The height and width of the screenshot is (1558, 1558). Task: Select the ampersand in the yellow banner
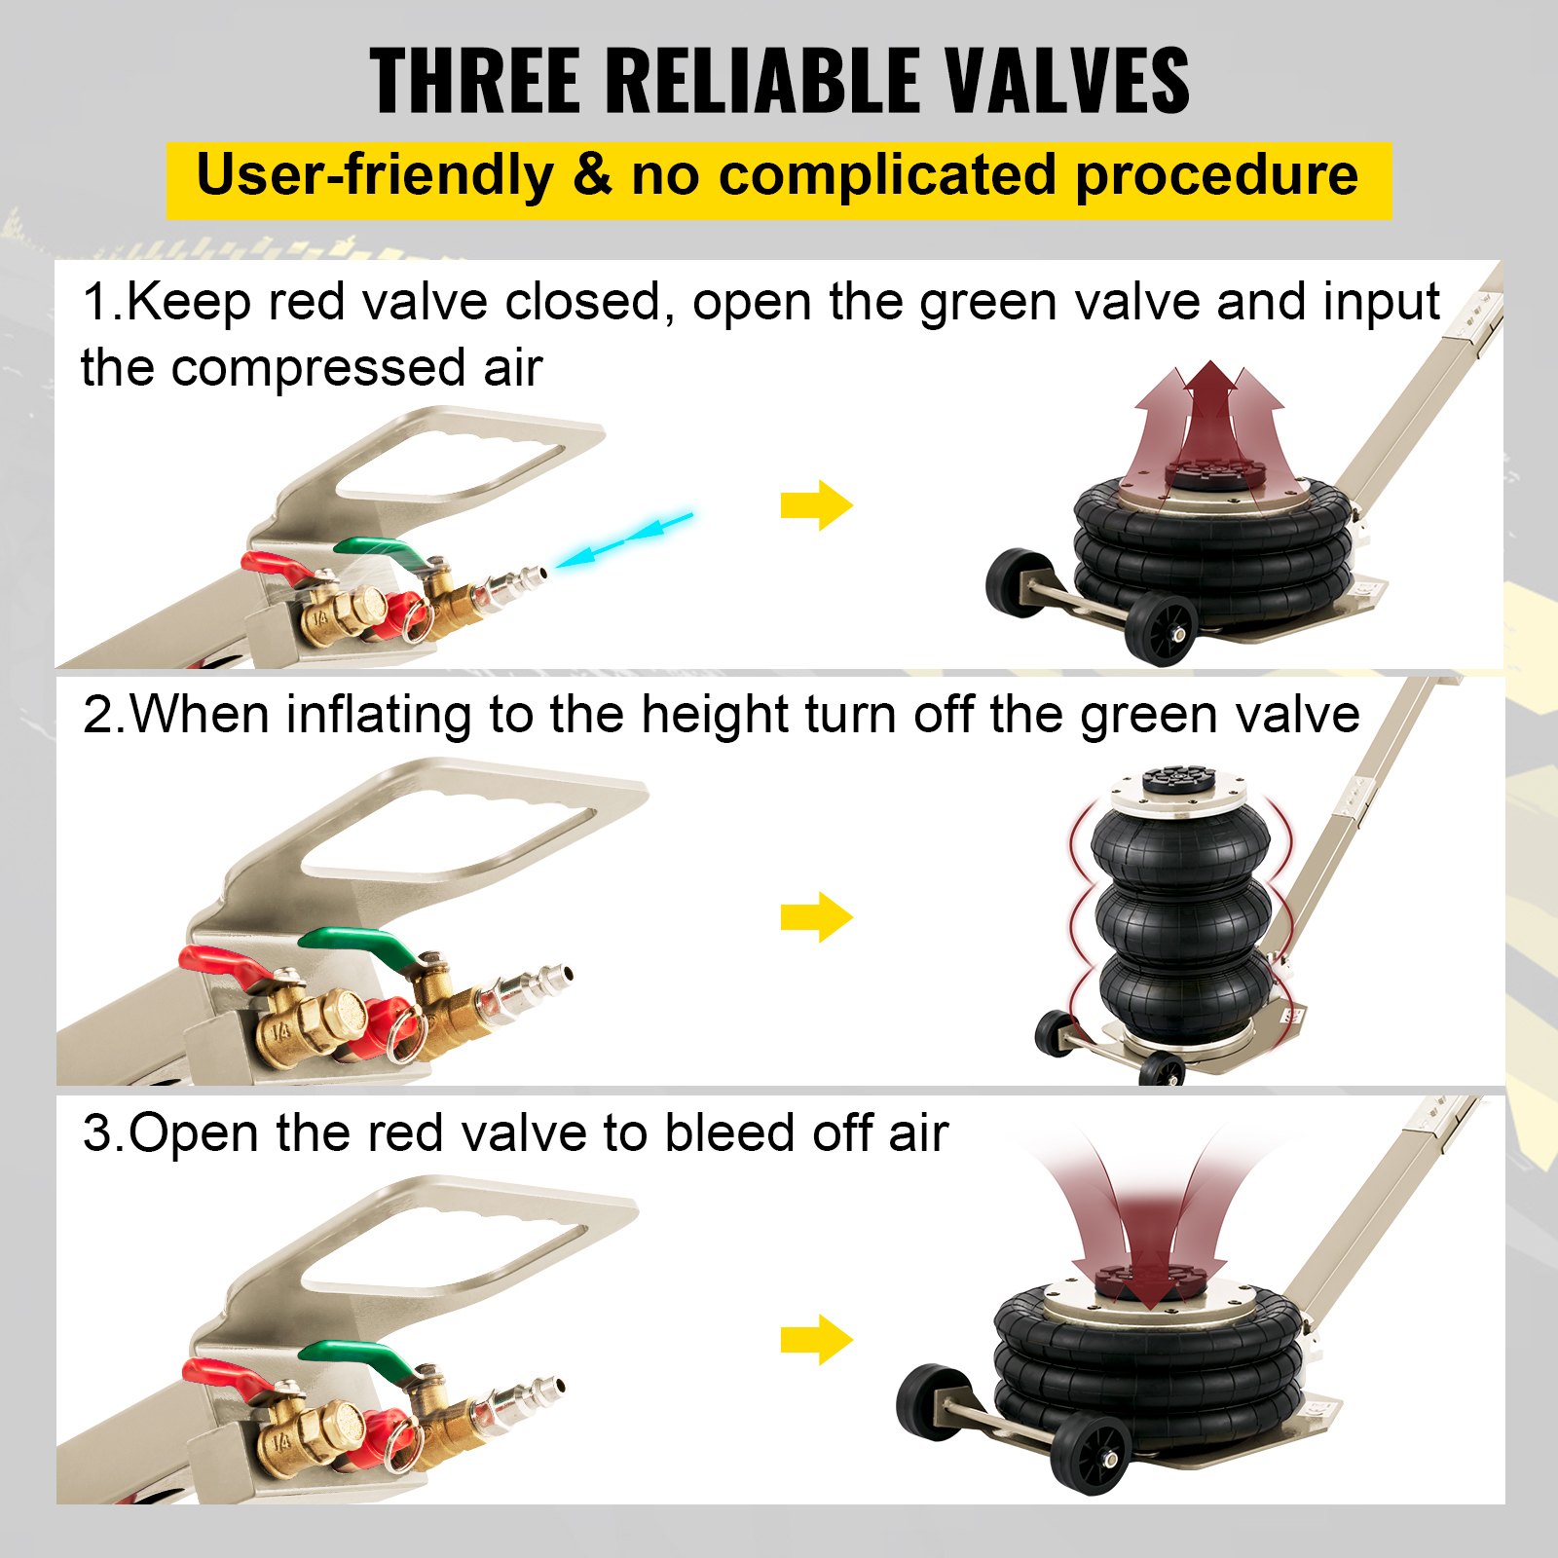tap(592, 176)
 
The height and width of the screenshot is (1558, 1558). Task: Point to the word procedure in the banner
tap(1216, 176)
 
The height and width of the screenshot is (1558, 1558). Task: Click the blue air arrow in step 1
tap(624, 538)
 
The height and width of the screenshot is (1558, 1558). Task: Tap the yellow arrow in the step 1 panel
tap(816, 505)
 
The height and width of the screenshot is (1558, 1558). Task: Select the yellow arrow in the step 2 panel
tap(816, 917)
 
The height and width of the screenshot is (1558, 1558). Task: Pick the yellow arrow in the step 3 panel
tap(816, 1340)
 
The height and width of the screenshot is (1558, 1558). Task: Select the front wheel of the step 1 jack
tap(1163, 627)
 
